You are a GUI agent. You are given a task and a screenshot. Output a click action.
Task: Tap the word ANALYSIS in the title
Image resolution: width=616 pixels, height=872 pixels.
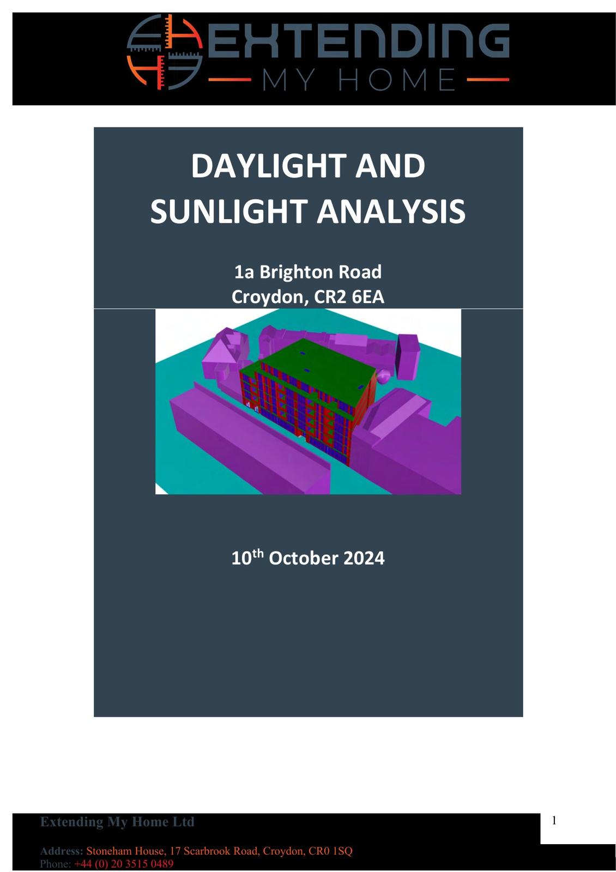tap(391, 211)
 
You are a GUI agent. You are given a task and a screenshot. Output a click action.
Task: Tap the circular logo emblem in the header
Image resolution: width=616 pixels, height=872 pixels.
tap(165, 52)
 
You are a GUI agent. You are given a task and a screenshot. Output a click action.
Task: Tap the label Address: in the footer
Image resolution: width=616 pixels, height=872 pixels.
tap(62, 851)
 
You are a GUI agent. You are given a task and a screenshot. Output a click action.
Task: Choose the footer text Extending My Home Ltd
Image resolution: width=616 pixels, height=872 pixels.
tap(117, 822)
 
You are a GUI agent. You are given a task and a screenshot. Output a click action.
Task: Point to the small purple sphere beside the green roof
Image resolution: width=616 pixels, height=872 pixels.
tap(384, 376)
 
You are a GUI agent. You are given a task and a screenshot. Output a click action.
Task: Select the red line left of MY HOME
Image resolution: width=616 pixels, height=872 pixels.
tap(230, 80)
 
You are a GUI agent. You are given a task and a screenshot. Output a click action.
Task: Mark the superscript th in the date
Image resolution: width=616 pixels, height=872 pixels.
tap(258, 553)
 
